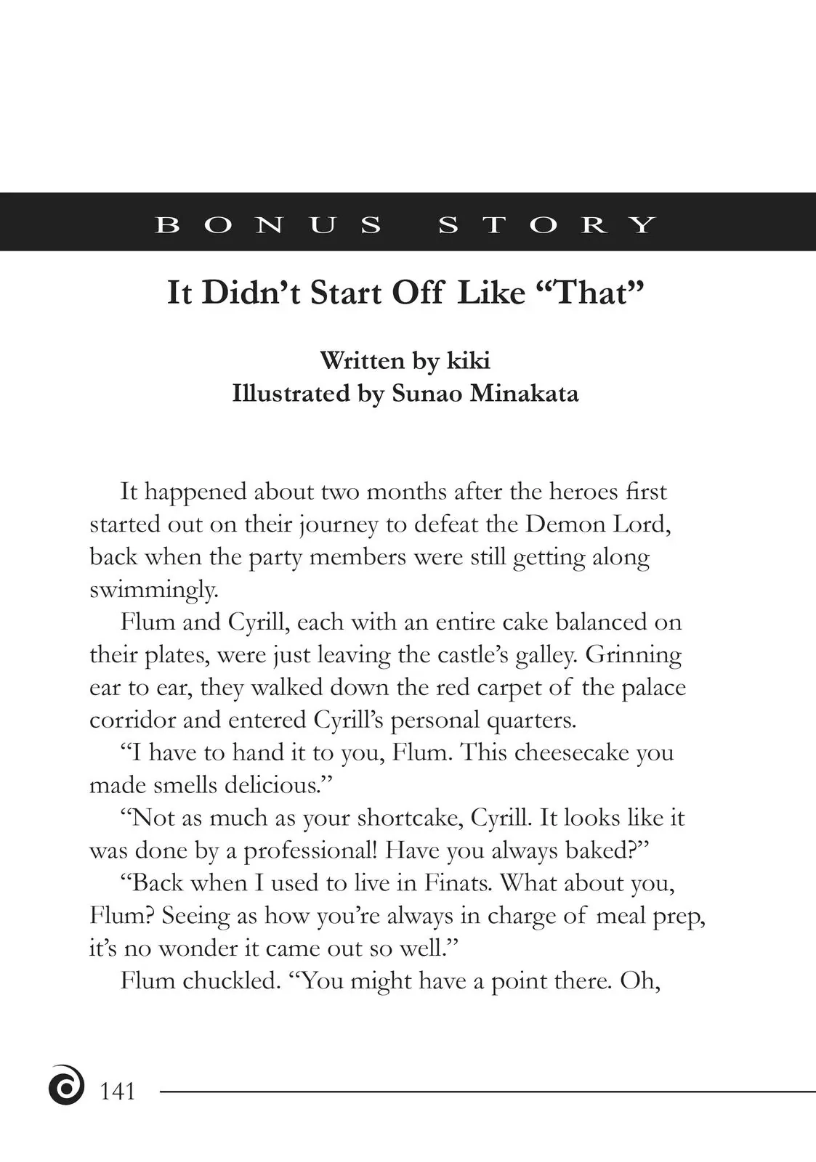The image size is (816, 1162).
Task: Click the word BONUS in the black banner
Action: click(268, 224)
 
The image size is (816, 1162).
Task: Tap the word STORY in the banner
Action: click(547, 224)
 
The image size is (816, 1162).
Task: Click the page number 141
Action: click(117, 1092)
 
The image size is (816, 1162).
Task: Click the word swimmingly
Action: click(153, 590)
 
